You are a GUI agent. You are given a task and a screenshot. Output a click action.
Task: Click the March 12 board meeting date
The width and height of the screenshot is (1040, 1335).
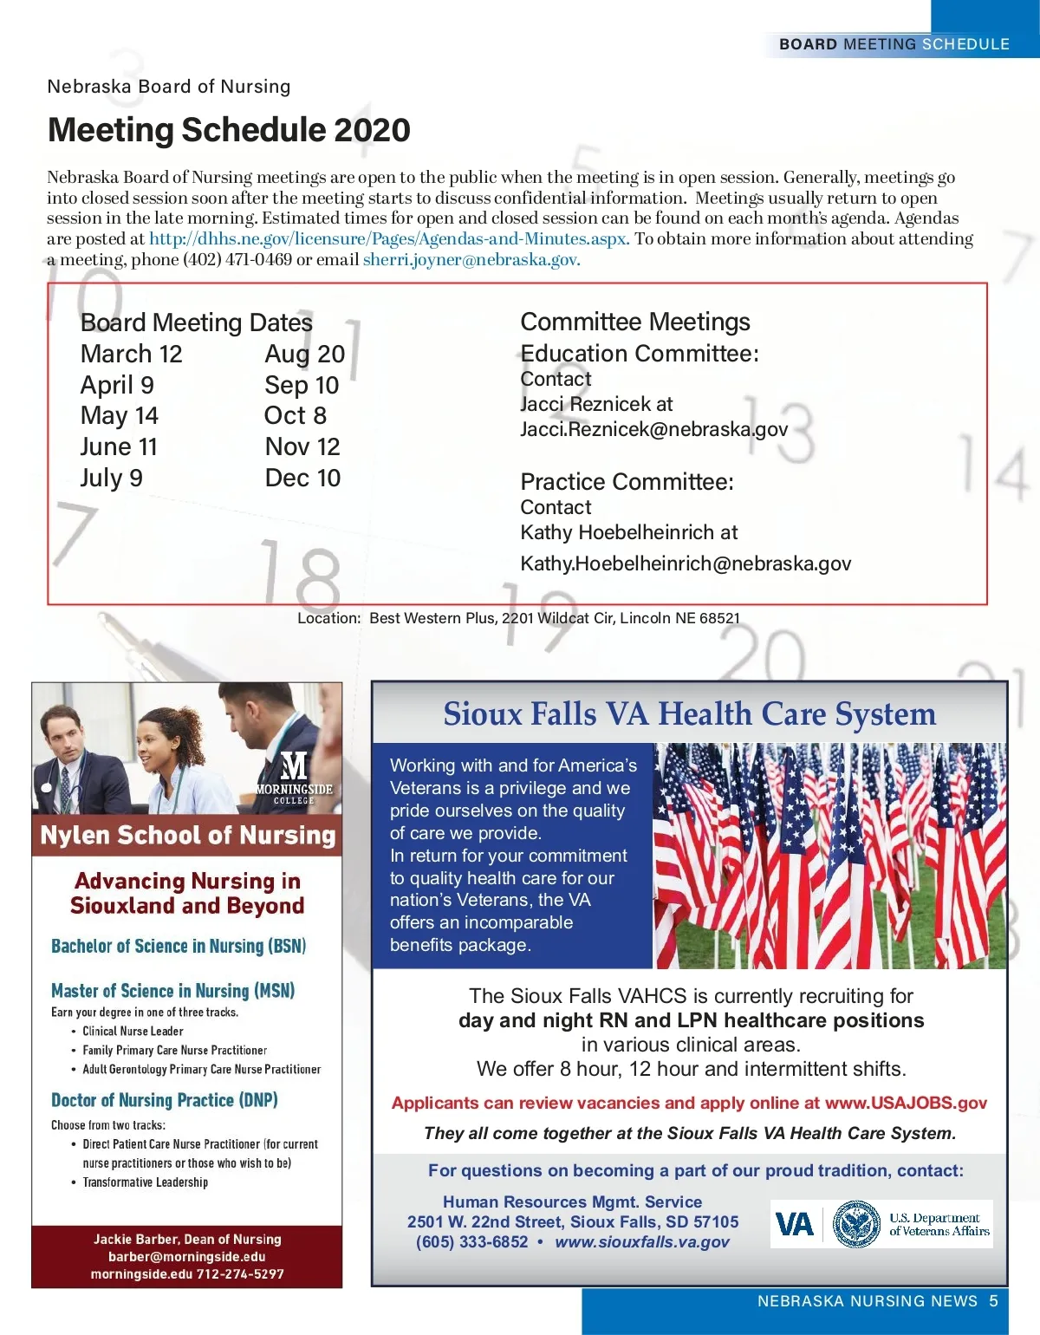pyautogui.click(x=131, y=354)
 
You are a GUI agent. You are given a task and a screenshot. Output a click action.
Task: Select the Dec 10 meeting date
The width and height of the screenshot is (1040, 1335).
pyautogui.click(x=302, y=478)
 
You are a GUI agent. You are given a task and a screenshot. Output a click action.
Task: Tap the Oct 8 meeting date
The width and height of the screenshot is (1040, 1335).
pyautogui.click(x=296, y=415)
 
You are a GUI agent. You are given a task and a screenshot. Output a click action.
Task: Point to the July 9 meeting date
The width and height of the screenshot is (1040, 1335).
pyautogui.click(x=111, y=478)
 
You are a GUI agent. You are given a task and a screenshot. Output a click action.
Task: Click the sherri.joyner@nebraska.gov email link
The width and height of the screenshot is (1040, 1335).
pyautogui.click(x=471, y=259)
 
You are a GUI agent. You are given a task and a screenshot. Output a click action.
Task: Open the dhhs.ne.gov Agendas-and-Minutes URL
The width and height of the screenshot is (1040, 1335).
pyautogui.click(x=389, y=238)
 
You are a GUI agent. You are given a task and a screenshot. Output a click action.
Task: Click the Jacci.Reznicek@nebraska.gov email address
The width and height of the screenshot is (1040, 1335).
pyautogui.click(x=653, y=429)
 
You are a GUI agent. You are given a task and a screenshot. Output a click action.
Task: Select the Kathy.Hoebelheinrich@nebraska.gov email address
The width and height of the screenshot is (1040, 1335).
pyautogui.click(x=686, y=563)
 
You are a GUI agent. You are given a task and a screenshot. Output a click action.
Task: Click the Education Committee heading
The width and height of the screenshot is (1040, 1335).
pyautogui.click(x=640, y=354)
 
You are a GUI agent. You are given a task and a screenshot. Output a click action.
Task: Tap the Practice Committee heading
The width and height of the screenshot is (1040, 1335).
pyautogui.click(x=627, y=482)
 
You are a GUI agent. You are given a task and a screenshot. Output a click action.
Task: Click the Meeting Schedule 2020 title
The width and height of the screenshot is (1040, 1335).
pyautogui.click(x=229, y=130)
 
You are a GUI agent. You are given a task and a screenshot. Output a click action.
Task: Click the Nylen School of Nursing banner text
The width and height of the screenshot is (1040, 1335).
pyautogui.click(x=188, y=835)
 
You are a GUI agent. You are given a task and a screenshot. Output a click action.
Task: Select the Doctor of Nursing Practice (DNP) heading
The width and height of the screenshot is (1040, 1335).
pyautogui.click(x=165, y=1100)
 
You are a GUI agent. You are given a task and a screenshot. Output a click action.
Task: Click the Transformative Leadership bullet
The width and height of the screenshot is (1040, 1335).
pyautogui.click(x=145, y=1182)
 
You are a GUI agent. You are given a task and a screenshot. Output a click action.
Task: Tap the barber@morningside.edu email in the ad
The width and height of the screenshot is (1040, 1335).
pyautogui.click(x=187, y=1256)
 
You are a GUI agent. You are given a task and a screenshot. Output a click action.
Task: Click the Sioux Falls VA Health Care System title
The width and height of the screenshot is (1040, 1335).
pyautogui.click(x=690, y=713)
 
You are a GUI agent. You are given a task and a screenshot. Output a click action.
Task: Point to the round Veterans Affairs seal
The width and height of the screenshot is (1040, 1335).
pyautogui.click(x=856, y=1224)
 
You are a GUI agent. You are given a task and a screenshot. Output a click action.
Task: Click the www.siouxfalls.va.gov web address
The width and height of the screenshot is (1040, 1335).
pyautogui.click(x=642, y=1241)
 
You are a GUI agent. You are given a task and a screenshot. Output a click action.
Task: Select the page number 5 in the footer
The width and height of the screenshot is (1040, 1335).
pyautogui.click(x=994, y=1300)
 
